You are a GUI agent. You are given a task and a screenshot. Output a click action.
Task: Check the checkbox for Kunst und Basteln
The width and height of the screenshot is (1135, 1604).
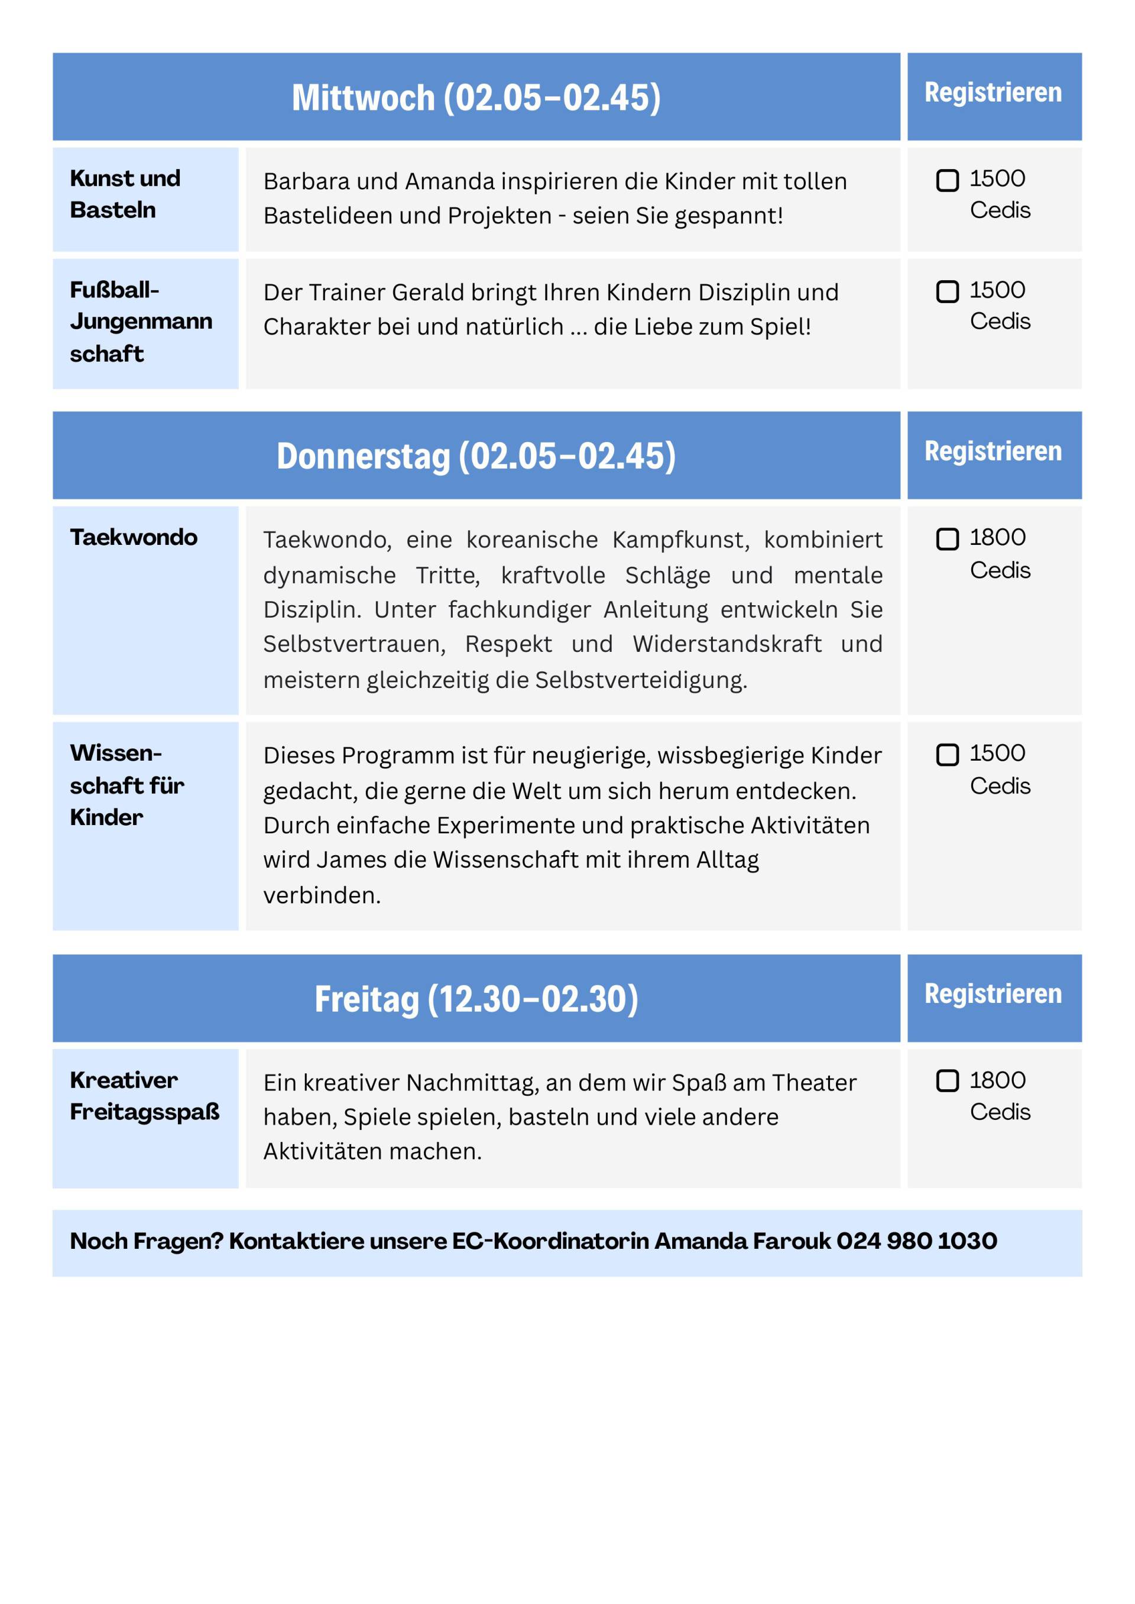(x=947, y=180)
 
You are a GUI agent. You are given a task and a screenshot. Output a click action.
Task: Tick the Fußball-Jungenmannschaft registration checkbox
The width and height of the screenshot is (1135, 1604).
(x=947, y=291)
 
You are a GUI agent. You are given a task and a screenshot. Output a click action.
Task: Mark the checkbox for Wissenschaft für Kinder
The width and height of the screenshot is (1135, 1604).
(x=947, y=755)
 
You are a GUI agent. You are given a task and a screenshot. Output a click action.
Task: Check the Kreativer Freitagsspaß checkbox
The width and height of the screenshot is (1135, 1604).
(x=947, y=1081)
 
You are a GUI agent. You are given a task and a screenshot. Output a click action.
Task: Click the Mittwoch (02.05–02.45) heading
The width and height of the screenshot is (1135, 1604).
(x=476, y=97)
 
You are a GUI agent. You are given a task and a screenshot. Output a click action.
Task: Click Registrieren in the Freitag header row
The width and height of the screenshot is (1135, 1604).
(x=993, y=993)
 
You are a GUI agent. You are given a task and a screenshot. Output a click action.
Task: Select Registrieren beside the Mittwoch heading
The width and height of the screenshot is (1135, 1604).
(x=993, y=92)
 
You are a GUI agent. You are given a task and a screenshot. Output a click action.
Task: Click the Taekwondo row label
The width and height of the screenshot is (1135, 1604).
(x=134, y=537)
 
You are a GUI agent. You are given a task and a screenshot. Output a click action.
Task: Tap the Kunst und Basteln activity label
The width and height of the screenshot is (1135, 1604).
(x=125, y=194)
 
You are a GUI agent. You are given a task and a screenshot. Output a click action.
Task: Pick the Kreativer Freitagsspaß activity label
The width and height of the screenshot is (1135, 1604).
(x=144, y=1095)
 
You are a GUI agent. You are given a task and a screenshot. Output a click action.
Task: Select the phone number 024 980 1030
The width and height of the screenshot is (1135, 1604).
(x=916, y=1241)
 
